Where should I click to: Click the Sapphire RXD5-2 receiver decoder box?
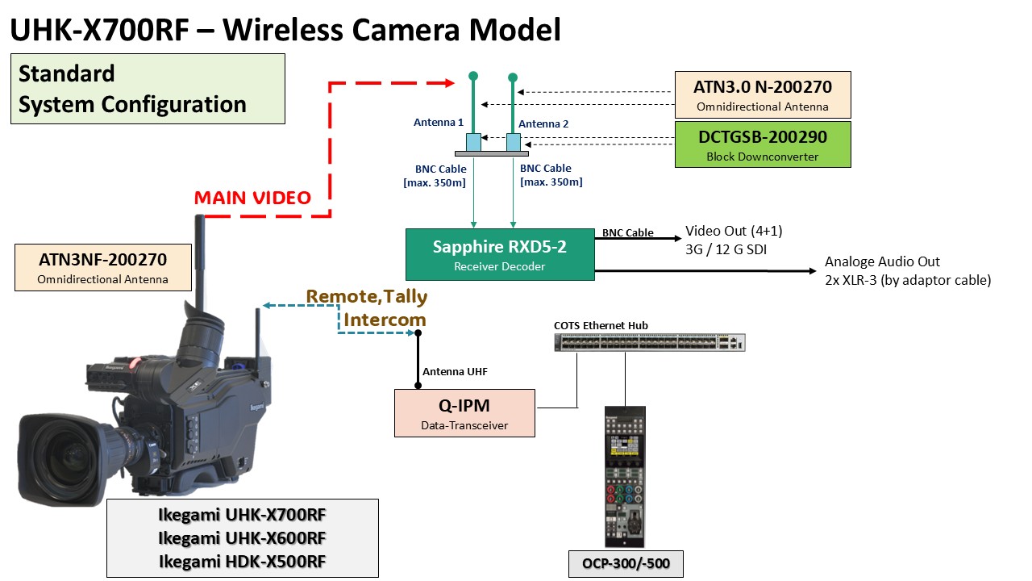[500, 254]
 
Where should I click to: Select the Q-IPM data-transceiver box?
[464, 413]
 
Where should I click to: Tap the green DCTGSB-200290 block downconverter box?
[763, 144]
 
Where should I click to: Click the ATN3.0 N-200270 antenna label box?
[763, 93]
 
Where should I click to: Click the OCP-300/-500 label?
[626, 563]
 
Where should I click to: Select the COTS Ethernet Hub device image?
[650, 342]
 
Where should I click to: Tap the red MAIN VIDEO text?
[252, 198]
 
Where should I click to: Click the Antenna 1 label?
[439, 123]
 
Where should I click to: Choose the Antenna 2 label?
[543, 123]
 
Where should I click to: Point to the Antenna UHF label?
[455, 372]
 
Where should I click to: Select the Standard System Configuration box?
[148, 89]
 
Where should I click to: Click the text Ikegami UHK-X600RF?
[242, 537]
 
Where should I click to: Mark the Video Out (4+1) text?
[734, 232]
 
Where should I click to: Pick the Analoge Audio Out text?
[882, 262]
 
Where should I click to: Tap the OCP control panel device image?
[625, 476]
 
